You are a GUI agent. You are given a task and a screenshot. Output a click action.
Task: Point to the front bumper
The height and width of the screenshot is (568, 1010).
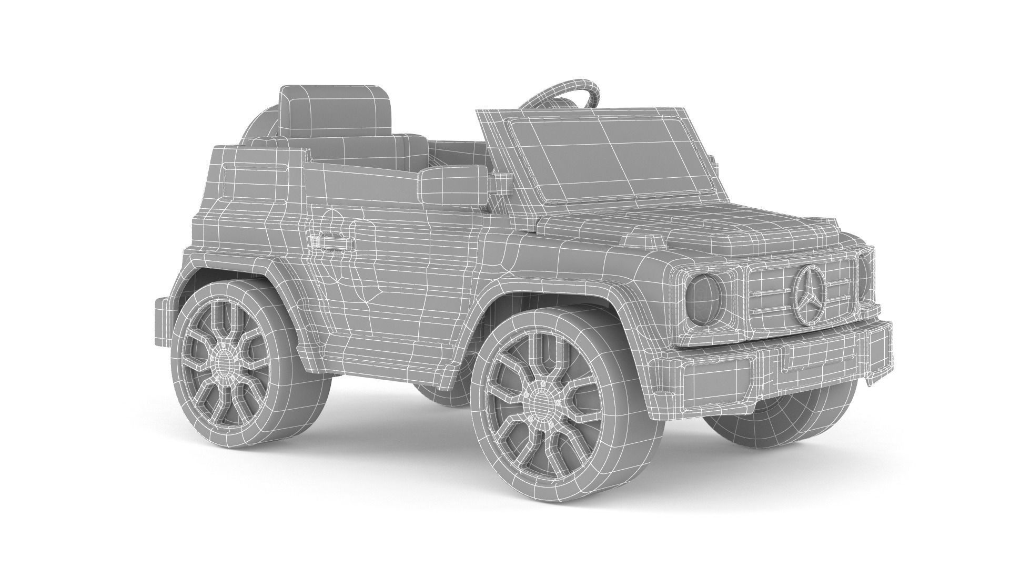point(779,363)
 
